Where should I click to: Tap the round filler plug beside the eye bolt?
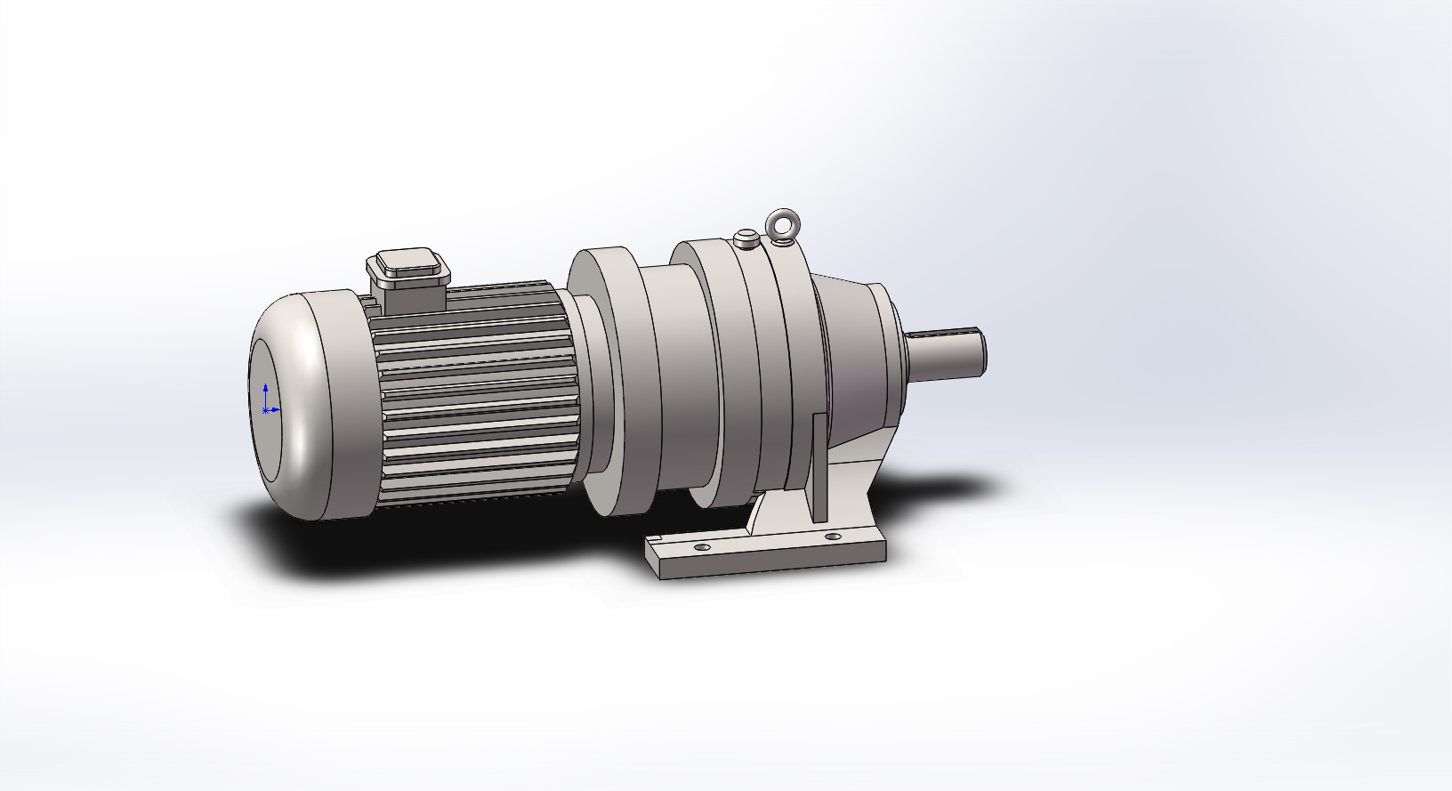click(746, 238)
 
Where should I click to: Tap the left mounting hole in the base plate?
click(702, 547)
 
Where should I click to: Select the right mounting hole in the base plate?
click(832, 537)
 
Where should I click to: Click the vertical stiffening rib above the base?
click(819, 472)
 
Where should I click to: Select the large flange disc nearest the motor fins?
click(614, 383)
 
